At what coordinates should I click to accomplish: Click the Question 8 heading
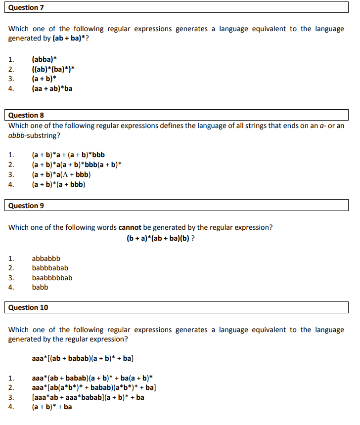click(x=26, y=115)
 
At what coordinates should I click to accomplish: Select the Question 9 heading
click(x=26, y=206)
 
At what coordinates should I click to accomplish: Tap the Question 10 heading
click(x=28, y=307)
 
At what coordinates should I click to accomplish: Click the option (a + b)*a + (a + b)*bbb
click(x=68, y=155)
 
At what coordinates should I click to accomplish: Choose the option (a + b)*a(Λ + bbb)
click(x=61, y=174)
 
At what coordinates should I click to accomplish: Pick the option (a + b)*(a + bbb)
click(x=58, y=184)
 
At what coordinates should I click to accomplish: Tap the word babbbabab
click(x=50, y=268)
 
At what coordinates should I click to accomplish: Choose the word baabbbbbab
click(x=52, y=278)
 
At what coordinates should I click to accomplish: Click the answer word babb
click(x=40, y=287)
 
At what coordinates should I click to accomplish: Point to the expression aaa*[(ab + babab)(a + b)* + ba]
click(x=83, y=358)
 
